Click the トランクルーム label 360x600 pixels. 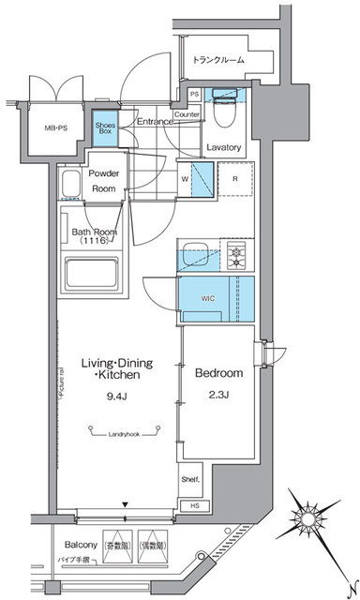coord(220,59)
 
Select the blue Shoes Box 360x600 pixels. coord(104,127)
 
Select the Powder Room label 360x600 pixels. coord(103,180)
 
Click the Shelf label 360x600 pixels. coord(191,479)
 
